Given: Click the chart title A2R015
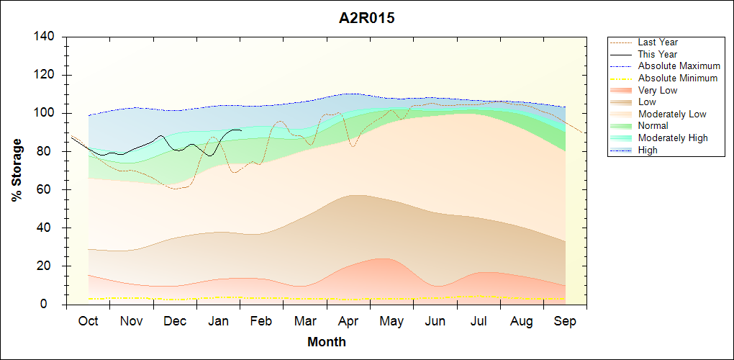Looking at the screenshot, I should [367, 19].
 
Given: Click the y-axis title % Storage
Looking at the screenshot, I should [17, 171].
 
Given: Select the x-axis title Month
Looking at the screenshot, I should [327, 341].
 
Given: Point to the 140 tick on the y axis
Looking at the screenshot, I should [45, 37].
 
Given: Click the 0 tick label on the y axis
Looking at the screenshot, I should [53, 305].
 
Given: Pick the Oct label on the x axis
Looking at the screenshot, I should [88, 321].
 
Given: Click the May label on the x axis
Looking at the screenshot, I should [391, 321].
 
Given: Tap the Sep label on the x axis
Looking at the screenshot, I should [565, 321].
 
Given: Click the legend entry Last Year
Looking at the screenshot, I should [658, 42].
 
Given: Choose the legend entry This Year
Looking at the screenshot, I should [658, 54].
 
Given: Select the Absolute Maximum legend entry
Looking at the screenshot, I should [679, 66].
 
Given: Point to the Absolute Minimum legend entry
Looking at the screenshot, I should [678, 78].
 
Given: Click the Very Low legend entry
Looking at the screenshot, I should [658, 90].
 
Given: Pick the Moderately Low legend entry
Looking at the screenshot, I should [672, 114].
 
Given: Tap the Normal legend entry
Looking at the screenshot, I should [653, 125].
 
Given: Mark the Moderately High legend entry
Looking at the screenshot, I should [673, 138].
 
